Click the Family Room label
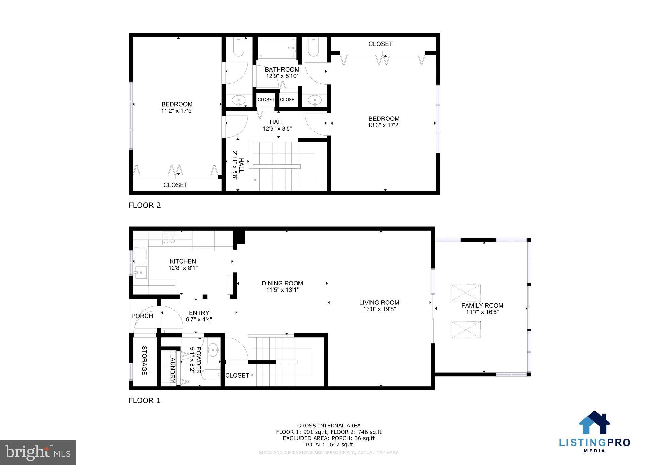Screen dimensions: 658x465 482,305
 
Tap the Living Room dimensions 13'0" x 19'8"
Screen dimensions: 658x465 379,309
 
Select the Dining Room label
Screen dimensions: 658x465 282,283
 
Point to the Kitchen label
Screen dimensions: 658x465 183,261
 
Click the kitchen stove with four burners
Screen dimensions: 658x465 169,238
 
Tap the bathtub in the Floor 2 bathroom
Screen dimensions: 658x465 277,48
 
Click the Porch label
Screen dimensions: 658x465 142,316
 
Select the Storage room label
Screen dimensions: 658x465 144,360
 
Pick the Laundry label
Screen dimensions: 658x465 172,368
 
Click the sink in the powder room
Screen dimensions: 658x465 213,348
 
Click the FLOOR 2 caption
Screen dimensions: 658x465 145,205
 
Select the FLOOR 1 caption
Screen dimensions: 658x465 145,400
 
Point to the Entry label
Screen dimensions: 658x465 199,313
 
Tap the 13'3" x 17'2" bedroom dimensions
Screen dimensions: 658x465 384,125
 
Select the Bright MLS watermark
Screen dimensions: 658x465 38,452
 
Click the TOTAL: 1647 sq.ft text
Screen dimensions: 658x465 329,445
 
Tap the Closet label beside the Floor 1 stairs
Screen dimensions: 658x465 237,375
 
